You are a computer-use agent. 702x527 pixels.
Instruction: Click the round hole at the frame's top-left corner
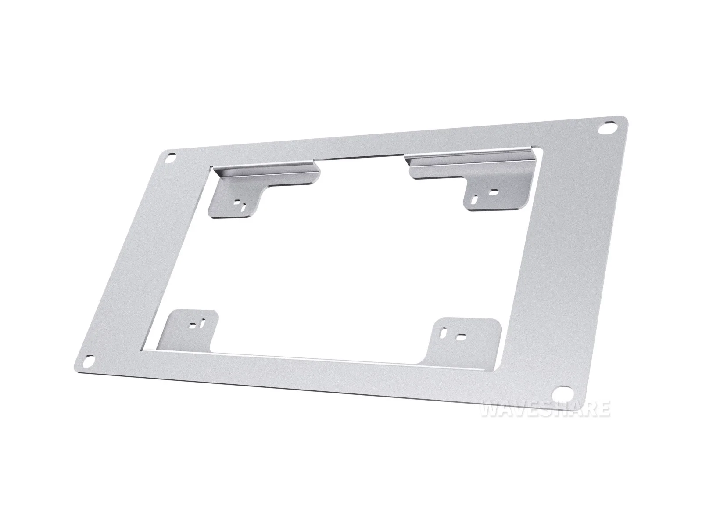click(x=172, y=158)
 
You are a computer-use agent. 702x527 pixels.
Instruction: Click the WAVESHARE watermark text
click(x=545, y=410)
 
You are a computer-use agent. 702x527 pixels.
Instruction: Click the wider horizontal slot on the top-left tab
click(x=237, y=202)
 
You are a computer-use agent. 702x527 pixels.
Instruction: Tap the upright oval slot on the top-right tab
click(x=476, y=199)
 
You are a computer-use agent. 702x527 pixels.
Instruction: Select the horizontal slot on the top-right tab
click(x=493, y=193)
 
